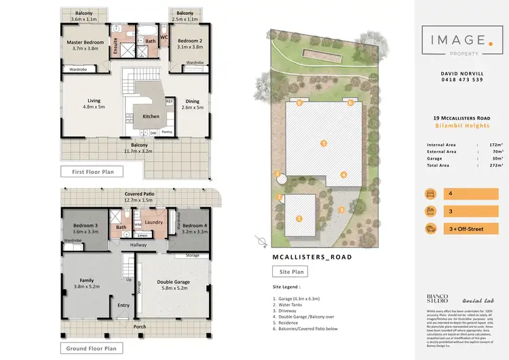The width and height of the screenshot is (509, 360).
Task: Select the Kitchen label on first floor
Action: pos(151,116)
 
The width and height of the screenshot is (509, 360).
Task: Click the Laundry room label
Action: pos(152,221)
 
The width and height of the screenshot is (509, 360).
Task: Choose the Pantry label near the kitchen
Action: pos(166,132)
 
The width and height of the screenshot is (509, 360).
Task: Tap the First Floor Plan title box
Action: pos(92,172)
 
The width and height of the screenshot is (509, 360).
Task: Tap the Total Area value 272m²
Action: pos(495,165)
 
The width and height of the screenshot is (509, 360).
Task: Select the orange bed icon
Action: pos(431,194)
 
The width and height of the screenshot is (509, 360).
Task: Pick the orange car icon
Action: pos(431,229)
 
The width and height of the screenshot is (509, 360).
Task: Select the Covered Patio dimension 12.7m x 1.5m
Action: pos(138,200)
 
